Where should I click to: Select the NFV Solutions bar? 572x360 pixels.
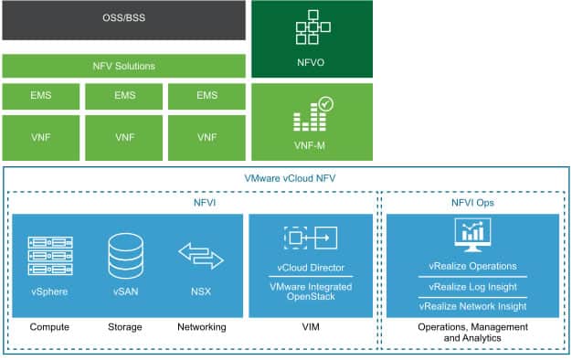(x=123, y=66)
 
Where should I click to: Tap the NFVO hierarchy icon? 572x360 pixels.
(x=312, y=32)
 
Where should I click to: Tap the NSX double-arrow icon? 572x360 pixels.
(x=200, y=256)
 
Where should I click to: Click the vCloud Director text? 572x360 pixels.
(x=311, y=270)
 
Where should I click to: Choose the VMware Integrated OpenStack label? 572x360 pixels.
(x=311, y=292)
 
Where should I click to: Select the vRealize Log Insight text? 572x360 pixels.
(x=472, y=286)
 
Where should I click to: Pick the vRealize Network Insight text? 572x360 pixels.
(x=472, y=306)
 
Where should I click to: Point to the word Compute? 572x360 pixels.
(x=50, y=326)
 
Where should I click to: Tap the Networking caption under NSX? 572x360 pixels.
(x=200, y=326)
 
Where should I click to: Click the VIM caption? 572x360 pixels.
(x=311, y=326)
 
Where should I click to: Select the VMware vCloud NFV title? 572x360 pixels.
(x=285, y=178)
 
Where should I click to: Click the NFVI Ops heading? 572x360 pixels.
(x=472, y=202)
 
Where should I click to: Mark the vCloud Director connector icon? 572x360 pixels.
(x=311, y=239)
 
